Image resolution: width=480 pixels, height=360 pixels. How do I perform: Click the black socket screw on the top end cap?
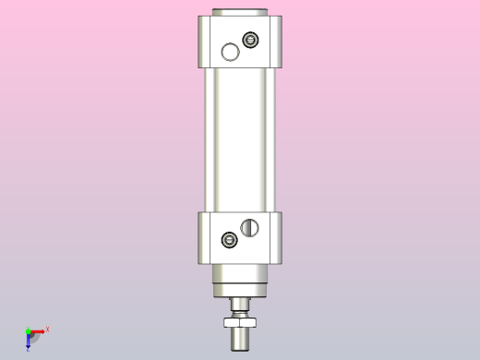point(249,40)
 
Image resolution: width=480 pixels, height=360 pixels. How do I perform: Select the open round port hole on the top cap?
point(230,53)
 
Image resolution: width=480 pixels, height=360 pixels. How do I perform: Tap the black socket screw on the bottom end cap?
point(230,241)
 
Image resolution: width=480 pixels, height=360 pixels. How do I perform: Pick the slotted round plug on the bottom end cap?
point(248,226)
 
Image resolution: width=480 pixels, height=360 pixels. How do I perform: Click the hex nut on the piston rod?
point(239,320)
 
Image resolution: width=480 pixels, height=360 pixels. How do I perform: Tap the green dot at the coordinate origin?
point(28,330)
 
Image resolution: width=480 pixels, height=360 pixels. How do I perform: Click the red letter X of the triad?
point(47,329)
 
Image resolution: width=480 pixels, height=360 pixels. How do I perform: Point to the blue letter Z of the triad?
point(29,349)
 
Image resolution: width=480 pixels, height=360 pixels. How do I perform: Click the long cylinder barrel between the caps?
point(239,138)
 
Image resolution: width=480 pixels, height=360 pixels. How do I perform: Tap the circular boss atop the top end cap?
point(239,12)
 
